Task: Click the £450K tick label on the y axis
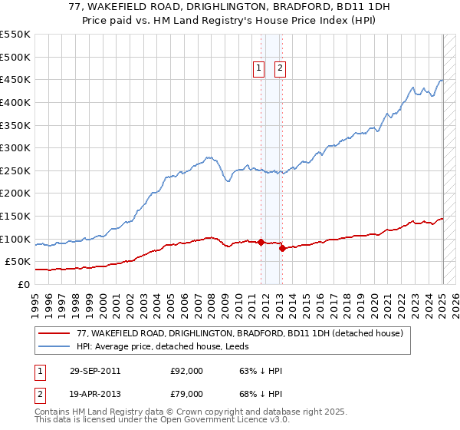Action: click(15, 79)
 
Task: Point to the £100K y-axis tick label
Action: click(15, 239)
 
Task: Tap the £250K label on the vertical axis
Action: click(15, 170)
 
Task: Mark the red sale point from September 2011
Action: click(261, 243)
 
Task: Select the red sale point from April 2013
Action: click(282, 248)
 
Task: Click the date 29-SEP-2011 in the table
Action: click(95, 371)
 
